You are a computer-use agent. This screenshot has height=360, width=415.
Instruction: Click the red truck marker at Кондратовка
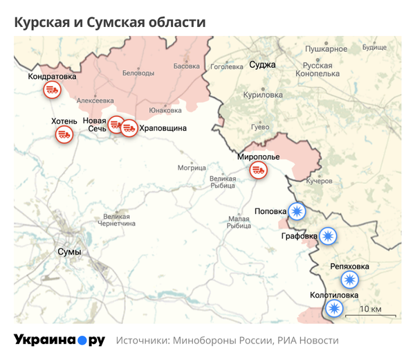(x=51, y=90)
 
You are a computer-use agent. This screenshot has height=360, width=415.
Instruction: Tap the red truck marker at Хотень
(x=64, y=135)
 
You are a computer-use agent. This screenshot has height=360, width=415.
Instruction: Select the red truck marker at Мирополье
(x=259, y=170)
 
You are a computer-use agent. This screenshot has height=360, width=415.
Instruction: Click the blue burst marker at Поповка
(x=297, y=211)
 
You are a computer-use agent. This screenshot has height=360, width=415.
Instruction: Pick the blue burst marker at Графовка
(x=327, y=237)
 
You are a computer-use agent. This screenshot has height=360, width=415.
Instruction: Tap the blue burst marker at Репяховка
(x=350, y=280)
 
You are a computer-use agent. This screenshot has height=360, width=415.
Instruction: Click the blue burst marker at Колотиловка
(x=335, y=308)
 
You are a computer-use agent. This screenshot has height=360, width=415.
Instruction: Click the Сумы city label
(x=68, y=251)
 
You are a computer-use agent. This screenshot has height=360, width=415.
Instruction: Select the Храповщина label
(x=163, y=129)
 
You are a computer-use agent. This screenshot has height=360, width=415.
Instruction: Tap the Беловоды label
(x=138, y=73)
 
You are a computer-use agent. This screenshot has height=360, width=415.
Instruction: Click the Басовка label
(x=186, y=66)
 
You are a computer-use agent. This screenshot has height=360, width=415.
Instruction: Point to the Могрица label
(x=192, y=168)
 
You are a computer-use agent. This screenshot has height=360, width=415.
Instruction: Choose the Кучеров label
(x=320, y=181)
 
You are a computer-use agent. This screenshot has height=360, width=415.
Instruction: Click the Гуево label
(x=259, y=127)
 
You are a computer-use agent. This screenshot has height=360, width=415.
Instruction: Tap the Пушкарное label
(x=326, y=49)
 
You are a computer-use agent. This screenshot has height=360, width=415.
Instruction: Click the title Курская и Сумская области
(x=110, y=22)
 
